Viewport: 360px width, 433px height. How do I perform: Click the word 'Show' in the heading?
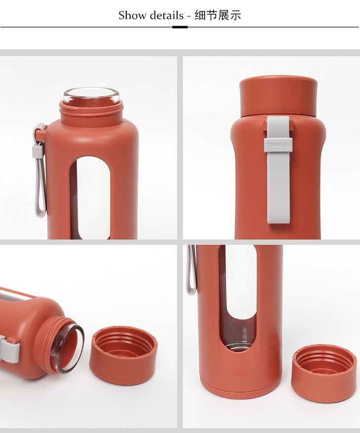click(132, 15)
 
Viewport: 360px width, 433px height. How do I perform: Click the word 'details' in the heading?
click(167, 15)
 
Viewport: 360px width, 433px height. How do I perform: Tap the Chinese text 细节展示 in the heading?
click(218, 15)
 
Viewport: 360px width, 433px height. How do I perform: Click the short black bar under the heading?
click(180, 27)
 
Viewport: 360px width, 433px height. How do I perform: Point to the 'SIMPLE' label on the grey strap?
click(278, 144)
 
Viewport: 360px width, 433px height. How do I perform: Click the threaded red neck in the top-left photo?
click(91, 110)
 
